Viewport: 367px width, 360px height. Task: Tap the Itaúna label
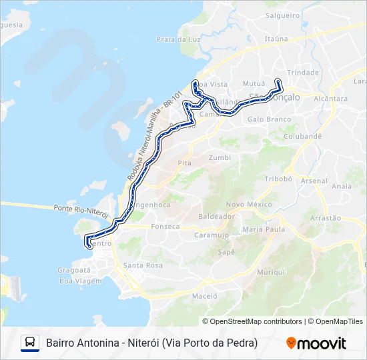[276, 39]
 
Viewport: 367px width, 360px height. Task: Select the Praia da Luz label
[179, 39]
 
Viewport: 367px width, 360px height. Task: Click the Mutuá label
[254, 84]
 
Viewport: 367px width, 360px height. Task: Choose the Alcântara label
[330, 99]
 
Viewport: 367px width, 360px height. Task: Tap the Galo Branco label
[269, 119]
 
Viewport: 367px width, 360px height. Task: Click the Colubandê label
[303, 135]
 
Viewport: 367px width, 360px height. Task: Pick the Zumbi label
[220, 158]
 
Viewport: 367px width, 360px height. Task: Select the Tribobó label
[279, 179]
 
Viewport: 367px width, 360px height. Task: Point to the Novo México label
[249, 204]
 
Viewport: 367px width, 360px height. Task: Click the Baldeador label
[216, 217]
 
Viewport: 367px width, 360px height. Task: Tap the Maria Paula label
[264, 229]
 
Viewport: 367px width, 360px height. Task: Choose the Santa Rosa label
[143, 265]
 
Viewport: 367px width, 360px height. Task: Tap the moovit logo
[316, 343]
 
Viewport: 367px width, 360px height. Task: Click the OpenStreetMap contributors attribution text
[252, 321]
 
